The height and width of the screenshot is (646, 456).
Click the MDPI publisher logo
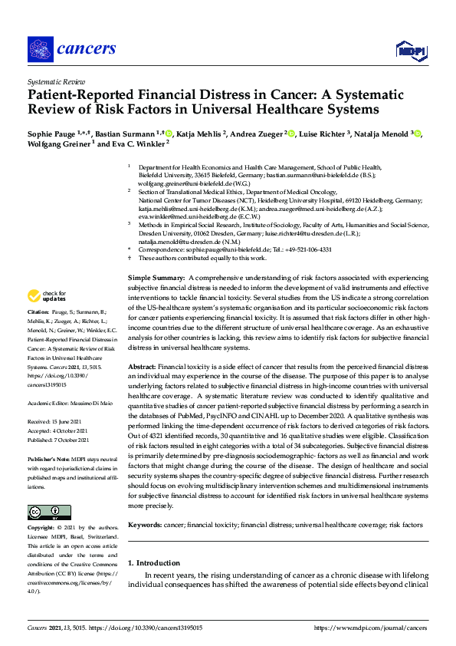(410, 51)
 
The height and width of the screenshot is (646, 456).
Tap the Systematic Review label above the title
(57, 81)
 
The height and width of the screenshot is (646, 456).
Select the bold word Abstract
(142, 367)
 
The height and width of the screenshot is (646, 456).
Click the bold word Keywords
(144, 525)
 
